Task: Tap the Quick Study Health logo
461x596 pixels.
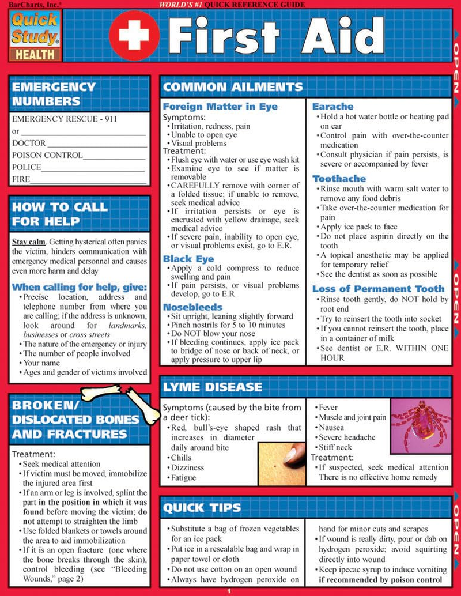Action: point(35,35)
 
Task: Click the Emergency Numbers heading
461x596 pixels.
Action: point(54,94)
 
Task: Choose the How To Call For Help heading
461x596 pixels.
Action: point(59,213)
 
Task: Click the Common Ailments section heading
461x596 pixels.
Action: point(233,88)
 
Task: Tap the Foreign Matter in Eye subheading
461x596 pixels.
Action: point(220,107)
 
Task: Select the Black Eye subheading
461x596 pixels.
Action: point(188,259)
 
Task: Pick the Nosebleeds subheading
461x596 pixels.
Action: point(192,307)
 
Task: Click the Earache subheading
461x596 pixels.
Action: point(332,107)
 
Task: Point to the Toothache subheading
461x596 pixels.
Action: point(339,179)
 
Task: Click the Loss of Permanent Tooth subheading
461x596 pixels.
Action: point(379,289)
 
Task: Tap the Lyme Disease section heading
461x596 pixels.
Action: point(212,387)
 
